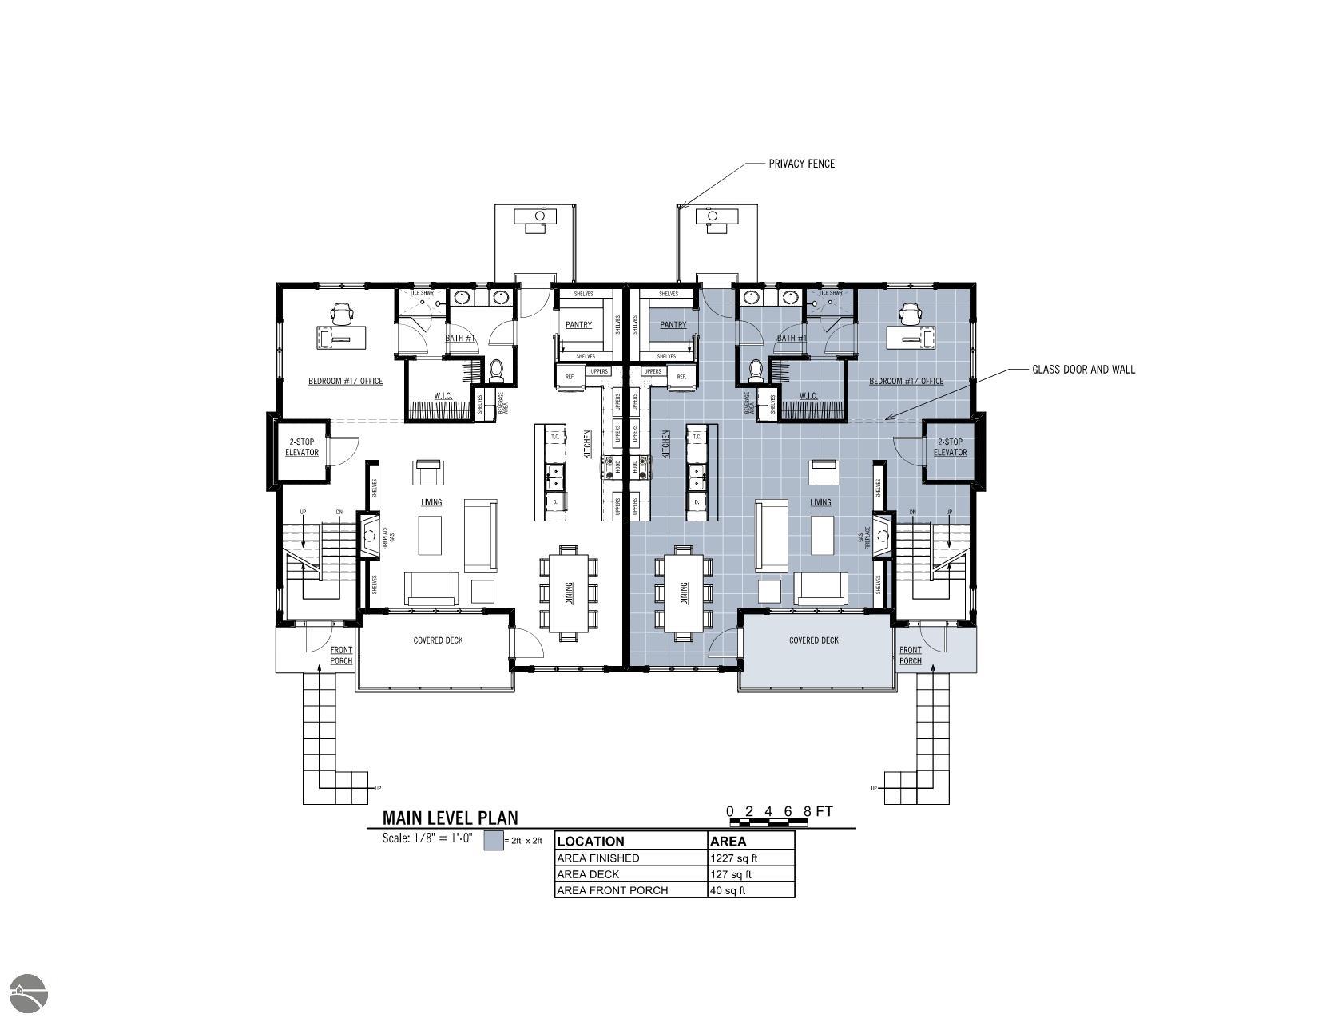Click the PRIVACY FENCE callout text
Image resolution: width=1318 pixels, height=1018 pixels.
(801, 164)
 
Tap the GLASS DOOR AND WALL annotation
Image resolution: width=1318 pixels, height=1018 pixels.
(1083, 370)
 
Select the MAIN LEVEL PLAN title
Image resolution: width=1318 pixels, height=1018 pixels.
(450, 818)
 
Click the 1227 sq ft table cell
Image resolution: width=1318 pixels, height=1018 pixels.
(733, 858)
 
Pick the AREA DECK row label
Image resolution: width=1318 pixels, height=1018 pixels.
(587, 874)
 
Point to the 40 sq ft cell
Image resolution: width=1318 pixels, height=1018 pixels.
(727, 890)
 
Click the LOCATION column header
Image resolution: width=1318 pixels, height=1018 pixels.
(590, 841)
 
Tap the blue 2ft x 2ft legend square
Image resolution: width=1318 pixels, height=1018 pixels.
(494, 841)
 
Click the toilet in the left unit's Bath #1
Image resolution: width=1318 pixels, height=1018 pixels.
(497, 370)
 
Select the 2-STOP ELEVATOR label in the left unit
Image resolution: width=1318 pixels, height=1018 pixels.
(302, 447)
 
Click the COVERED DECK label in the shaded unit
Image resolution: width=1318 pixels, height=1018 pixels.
(813, 640)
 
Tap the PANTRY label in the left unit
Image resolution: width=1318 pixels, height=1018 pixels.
(578, 325)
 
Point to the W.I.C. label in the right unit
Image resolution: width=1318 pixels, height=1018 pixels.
(808, 396)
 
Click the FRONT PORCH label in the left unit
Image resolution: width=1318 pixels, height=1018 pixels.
(341, 656)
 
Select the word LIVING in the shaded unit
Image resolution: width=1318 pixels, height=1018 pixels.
(820, 502)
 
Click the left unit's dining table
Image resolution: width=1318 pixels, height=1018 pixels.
(569, 592)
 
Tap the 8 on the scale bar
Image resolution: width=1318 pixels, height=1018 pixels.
(807, 812)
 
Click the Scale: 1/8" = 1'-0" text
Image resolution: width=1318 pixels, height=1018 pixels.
(427, 838)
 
